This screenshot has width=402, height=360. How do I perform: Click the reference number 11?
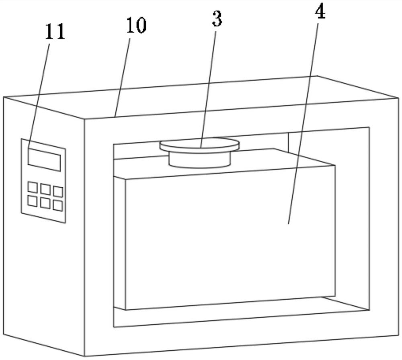click(55, 33)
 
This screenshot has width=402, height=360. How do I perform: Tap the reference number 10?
click(135, 26)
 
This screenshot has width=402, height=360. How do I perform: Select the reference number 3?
click(217, 19)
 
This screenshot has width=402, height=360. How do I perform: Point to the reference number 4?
click(320, 12)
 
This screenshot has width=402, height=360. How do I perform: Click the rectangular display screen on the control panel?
click(44, 159)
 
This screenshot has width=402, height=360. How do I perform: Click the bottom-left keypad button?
click(32, 200)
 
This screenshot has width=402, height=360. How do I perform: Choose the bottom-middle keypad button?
click(45, 203)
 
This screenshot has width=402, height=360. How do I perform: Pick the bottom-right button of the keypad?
click(58, 206)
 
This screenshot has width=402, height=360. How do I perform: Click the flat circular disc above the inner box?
click(199, 144)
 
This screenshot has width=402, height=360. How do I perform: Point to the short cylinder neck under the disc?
click(200, 160)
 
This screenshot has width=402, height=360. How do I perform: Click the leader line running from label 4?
click(304, 121)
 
